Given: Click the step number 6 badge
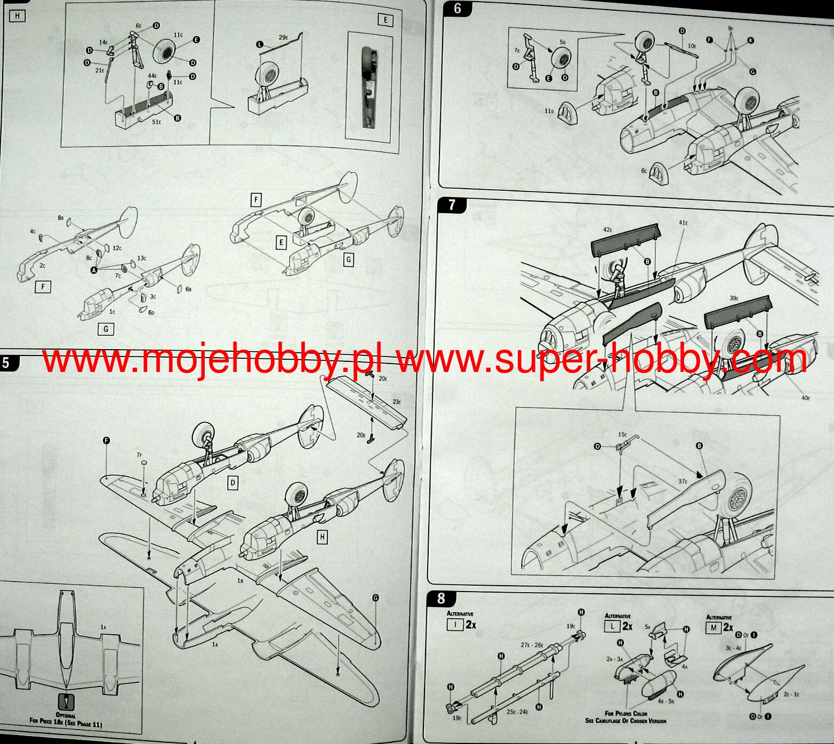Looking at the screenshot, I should point(457,9).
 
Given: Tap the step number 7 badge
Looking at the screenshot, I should point(452,205).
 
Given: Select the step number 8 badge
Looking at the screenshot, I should point(440,598).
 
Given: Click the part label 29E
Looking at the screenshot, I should point(283,38).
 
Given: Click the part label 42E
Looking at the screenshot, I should point(608,230).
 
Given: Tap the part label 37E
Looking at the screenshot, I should point(683,481).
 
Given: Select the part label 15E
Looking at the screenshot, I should point(622,435).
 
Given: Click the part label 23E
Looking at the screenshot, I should point(397,402).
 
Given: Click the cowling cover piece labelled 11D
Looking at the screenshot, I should point(568,112).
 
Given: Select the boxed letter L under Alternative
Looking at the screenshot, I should point(612,627).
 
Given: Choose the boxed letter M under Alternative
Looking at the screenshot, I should point(713,628).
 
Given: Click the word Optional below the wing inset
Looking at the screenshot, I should point(66,715).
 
